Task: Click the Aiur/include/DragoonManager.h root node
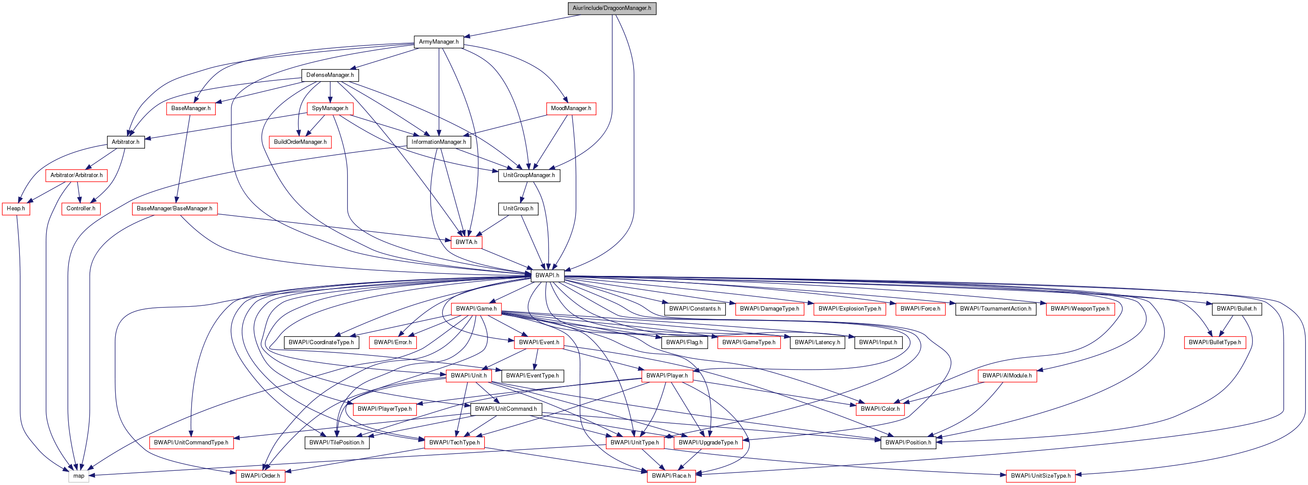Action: click(611, 8)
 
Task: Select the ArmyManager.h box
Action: click(439, 42)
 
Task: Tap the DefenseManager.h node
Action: click(330, 75)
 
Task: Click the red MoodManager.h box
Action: click(571, 108)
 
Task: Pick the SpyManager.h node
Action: click(330, 108)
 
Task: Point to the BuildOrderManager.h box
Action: click(300, 142)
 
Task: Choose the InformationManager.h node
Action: click(439, 142)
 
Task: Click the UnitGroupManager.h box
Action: click(529, 175)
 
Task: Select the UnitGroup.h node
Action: click(518, 209)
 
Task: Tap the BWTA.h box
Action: click(466, 242)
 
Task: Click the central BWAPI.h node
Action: click(547, 276)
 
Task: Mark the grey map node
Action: click(79, 476)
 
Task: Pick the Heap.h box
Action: click(16, 209)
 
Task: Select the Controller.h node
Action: click(81, 209)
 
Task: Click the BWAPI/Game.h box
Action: click(476, 309)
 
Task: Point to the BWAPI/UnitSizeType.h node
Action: click(1040, 476)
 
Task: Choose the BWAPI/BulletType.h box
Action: click(1214, 342)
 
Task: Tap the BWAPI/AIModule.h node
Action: click(1007, 376)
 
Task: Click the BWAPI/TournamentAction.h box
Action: click(995, 309)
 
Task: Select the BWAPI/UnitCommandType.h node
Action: click(191, 442)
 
